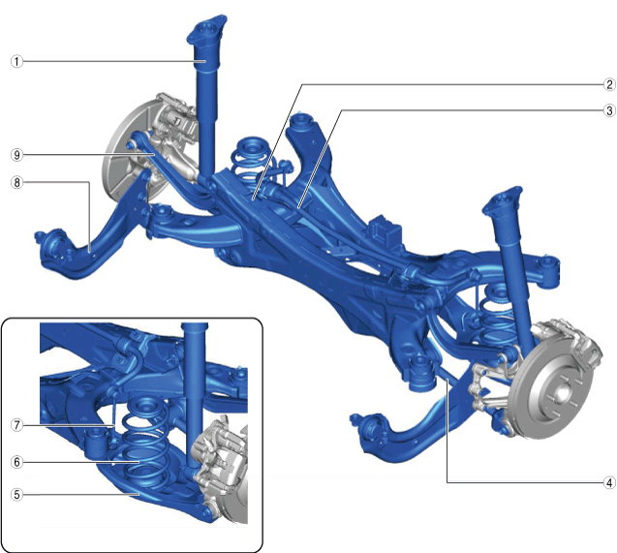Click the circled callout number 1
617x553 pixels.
pos(16,61)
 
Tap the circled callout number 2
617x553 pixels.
pos(609,84)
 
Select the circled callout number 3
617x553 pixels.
pos(609,110)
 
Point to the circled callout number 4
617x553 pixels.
pos(609,482)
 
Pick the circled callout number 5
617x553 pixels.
pos(16,494)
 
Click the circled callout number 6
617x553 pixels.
pos(16,462)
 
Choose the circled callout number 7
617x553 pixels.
pos(16,425)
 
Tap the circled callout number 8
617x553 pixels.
pos(16,182)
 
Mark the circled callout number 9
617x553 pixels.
pos(16,155)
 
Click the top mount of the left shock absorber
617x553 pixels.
pos(206,29)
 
